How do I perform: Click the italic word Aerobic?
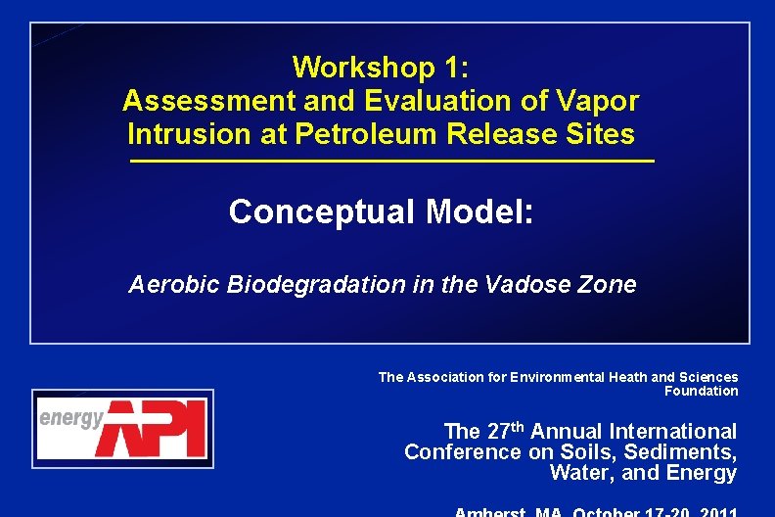170,285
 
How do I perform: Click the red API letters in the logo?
157,429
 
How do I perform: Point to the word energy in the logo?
70,419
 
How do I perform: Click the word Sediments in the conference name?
689,452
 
